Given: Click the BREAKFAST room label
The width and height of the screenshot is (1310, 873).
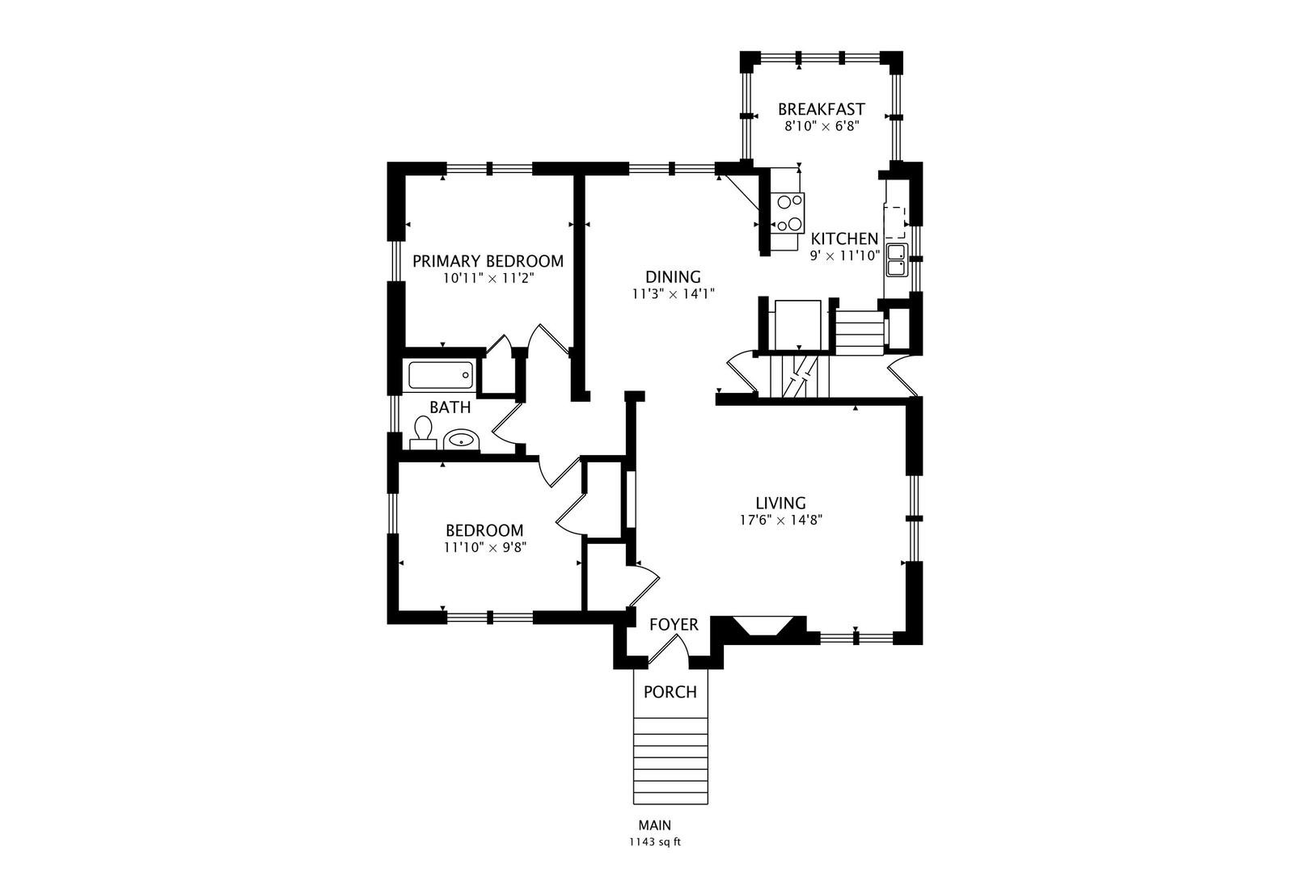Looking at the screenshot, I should pyautogui.click(x=821, y=109).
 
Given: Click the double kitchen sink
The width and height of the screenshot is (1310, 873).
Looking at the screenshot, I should pyautogui.click(x=896, y=259).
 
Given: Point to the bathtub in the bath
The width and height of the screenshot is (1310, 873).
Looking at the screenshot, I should pyautogui.click(x=440, y=375).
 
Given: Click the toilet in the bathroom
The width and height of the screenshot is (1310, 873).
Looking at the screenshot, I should pyautogui.click(x=423, y=432).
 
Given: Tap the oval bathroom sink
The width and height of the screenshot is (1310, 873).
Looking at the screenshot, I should pyautogui.click(x=461, y=440).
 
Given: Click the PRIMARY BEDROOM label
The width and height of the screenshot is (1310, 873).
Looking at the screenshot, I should pyautogui.click(x=488, y=261).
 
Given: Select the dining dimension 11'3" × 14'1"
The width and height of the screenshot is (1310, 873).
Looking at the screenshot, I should pyautogui.click(x=673, y=294).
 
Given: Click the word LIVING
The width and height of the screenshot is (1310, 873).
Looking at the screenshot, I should pyautogui.click(x=780, y=503).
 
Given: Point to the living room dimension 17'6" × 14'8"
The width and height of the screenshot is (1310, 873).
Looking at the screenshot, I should pyautogui.click(x=780, y=521).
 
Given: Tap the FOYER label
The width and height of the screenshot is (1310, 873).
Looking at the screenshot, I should pyautogui.click(x=674, y=625).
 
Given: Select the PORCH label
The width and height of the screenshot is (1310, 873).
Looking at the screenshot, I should pyautogui.click(x=670, y=692).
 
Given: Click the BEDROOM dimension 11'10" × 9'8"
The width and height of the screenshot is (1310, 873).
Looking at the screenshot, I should pyautogui.click(x=484, y=547).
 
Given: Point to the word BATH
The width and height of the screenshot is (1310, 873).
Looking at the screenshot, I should pyautogui.click(x=450, y=407).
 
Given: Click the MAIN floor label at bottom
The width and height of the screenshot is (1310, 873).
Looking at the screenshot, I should pyautogui.click(x=654, y=825).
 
